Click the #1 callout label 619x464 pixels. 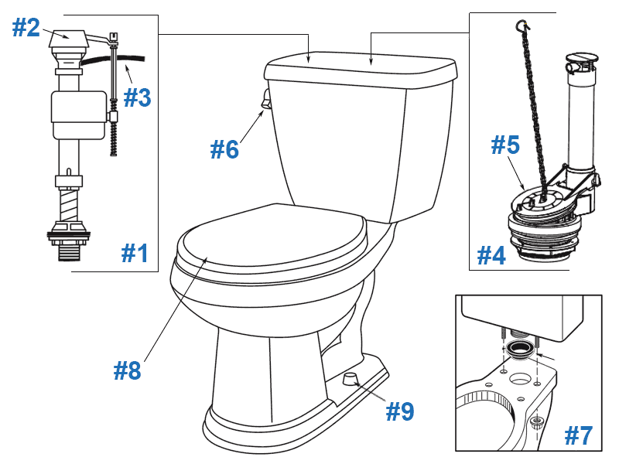135,253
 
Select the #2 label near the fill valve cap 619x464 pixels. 26,28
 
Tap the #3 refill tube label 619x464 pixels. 137,97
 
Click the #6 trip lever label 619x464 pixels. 224,148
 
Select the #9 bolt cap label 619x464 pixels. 400,411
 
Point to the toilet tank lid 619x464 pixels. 360,72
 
